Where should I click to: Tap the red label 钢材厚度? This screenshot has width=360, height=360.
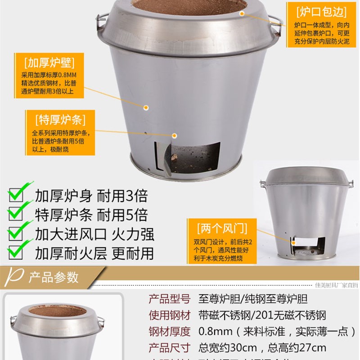(x=170, y=332)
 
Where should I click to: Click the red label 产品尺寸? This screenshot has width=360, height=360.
(x=170, y=348)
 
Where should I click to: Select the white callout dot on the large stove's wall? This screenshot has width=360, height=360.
(x=146, y=107)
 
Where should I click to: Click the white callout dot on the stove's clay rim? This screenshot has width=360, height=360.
(x=242, y=13)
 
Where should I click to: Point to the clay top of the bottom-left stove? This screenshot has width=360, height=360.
(x=57, y=311)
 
